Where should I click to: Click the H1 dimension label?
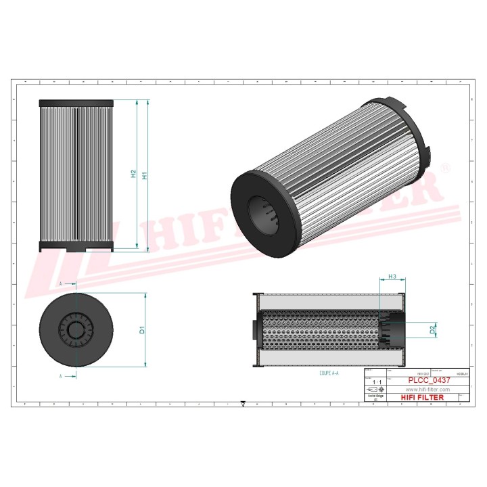(143, 175)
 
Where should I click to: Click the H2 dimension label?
(133, 175)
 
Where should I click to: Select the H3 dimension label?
(392, 277)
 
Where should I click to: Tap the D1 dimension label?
(142, 331)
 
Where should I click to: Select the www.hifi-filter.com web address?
(427, 390)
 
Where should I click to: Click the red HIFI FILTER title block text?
(423, 398)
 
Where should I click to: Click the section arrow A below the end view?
(62, 375)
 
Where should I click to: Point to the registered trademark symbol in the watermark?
(444, 166)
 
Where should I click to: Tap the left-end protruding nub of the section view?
(254, 331)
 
